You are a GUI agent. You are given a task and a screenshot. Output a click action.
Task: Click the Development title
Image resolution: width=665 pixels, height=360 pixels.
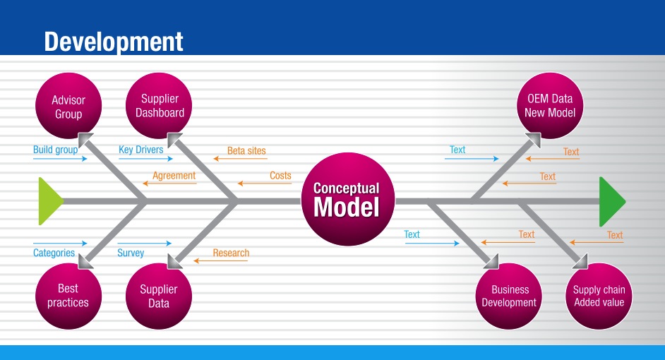pyautogui.click(x=114, y=41)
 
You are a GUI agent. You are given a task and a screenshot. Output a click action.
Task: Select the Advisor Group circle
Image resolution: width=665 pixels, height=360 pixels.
pyautogui.click(x=68, y=107)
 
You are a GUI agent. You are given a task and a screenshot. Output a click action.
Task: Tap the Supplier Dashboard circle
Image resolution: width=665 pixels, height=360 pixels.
pyautogui.click(x=160, y=106)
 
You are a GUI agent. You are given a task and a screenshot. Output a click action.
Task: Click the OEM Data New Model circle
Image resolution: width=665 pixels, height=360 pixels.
pyautogui.click(x=550, y=106)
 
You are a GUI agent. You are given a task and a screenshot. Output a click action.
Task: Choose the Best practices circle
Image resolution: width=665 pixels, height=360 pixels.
pyautogui.click(x=68, y=296)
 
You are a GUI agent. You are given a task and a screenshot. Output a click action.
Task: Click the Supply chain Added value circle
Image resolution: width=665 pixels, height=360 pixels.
pyautogui.click(x=599, y=296)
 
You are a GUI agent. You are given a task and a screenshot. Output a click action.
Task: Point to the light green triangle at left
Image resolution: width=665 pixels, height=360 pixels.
pyautogui.click(x=49, y=201)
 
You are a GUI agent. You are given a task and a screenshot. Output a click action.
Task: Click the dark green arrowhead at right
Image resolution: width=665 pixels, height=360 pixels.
pyautogui.click(x=611, y=200)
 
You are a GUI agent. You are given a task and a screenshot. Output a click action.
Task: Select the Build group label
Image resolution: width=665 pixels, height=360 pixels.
pyautogui.click(x=55, y=150)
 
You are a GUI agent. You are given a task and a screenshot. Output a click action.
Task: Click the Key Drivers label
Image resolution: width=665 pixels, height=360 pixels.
pyautogui.click(x=140, y=150)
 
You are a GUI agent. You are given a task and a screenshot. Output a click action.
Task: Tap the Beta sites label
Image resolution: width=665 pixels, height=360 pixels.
pyautogui.click(x=246, y=150)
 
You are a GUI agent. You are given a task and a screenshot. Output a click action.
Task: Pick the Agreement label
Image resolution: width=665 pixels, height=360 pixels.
pyautogui.click(x=174, y=176)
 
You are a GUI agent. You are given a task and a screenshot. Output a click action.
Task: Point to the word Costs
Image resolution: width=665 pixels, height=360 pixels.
pyautogui.click(x=280, y=176)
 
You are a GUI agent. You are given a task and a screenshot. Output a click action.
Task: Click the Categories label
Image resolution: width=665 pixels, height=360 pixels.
pyautogui.click(x=54, y=253)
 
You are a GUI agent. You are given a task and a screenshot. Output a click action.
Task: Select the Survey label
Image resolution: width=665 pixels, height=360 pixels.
pyautogui.click(x=131, y=253)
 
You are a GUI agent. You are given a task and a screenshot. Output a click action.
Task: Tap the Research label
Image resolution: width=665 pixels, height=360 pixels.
pyautogui.click(x=231, y=253)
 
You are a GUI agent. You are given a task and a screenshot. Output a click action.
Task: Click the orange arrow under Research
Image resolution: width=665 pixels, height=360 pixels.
pyautogui.click(x=221, y=261)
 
